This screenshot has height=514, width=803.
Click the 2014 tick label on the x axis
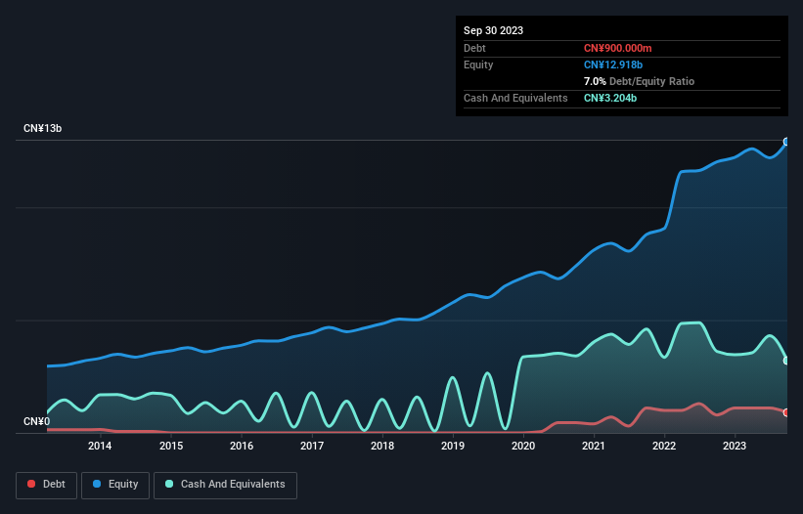(99, 447)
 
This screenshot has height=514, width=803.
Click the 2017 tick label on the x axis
(312, 447)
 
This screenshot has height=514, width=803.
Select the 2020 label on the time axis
(523, 447)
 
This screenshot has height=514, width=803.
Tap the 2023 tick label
(736, 447)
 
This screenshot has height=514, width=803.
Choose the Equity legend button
(114, 484)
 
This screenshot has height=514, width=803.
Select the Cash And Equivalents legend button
(225, 484)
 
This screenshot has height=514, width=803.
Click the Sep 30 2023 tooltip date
(493, 30)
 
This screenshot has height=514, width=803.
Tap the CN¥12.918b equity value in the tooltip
(616, 64)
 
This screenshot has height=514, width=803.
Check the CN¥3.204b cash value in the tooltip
(611, 98)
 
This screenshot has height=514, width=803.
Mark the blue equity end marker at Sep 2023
(786, 142)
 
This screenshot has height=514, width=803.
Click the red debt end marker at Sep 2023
(786, 412)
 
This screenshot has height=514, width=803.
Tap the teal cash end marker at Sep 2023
(786, 361)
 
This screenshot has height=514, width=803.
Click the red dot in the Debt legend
(32, 484)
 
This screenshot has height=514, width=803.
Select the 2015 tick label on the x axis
(170, 447)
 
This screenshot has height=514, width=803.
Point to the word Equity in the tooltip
(478, 64)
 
